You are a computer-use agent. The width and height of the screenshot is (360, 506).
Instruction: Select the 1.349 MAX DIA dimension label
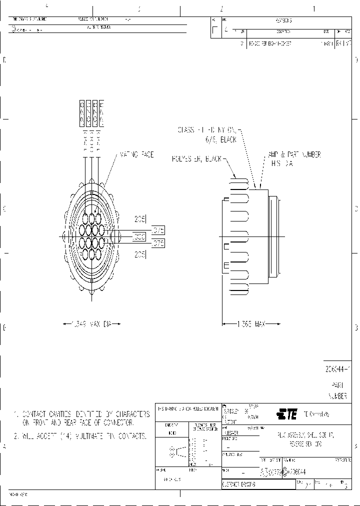pos(93,324)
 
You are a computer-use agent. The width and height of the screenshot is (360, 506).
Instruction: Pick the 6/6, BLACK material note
pos(221,140)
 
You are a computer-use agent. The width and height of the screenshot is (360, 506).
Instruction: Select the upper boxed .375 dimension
pos(158,230)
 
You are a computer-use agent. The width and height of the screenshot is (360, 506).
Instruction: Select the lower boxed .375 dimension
pos(158,243)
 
